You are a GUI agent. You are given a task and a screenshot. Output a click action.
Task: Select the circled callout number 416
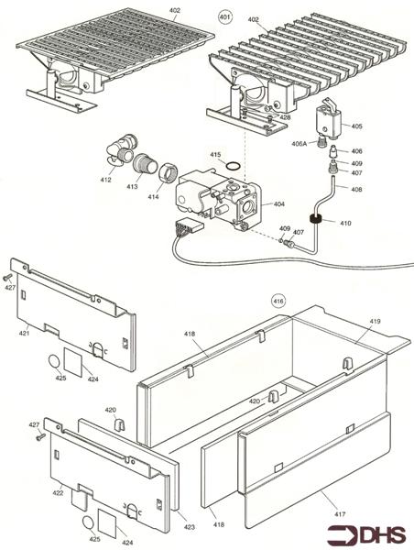click(x=279, y=300)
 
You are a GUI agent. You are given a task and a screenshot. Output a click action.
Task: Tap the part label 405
click(x=356, y=126)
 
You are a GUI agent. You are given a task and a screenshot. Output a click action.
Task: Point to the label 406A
click(x=300, y=143)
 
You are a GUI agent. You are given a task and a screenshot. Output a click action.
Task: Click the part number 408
click(x=356, y=189)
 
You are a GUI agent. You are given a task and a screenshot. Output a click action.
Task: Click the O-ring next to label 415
click(x=234, y=166)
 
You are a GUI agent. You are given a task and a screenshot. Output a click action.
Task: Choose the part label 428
click(x=286, y=117)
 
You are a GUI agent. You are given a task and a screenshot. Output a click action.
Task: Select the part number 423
click(x=189, y=526)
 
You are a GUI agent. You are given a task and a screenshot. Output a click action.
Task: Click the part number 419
click(x=375, y=322)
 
